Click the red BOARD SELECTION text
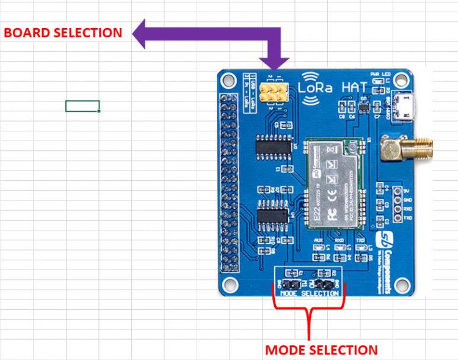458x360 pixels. [63, 33]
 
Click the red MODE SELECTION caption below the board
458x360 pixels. [321, 350]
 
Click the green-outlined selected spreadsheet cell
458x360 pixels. [82, 106]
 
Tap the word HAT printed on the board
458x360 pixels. [355, 87]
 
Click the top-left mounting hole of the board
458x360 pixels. [228, 79]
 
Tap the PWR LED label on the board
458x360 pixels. [383, 75]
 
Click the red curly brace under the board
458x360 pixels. [309, 312]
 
